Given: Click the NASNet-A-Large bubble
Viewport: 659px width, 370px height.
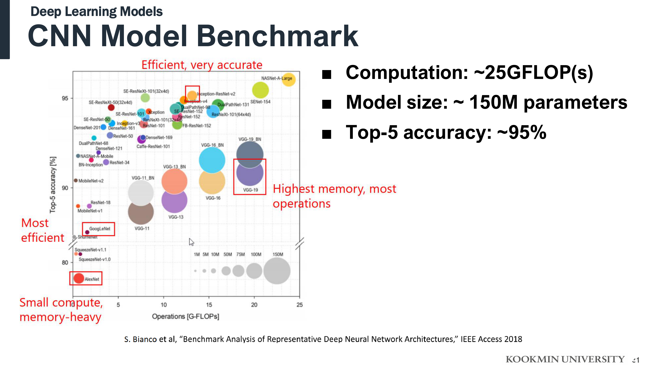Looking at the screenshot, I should click(289, 80).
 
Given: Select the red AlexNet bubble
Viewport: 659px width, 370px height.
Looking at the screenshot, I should click(79, 278).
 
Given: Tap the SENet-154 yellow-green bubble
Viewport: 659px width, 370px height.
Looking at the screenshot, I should click(260, 90).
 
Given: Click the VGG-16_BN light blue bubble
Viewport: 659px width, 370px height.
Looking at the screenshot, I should click(212, 160).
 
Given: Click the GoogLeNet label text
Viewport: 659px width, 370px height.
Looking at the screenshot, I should click(100, 229).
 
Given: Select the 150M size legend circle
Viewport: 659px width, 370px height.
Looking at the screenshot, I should click(277, 271).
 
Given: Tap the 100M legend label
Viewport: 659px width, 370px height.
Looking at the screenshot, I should click(256, 254).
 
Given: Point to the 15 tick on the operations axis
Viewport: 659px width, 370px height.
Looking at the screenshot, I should click(209, 305).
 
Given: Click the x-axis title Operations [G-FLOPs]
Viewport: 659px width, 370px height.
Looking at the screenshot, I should click(185, 316).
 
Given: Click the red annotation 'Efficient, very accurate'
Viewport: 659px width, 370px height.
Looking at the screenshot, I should click(202, 65).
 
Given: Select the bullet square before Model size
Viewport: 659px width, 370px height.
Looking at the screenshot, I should click(327, 104).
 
